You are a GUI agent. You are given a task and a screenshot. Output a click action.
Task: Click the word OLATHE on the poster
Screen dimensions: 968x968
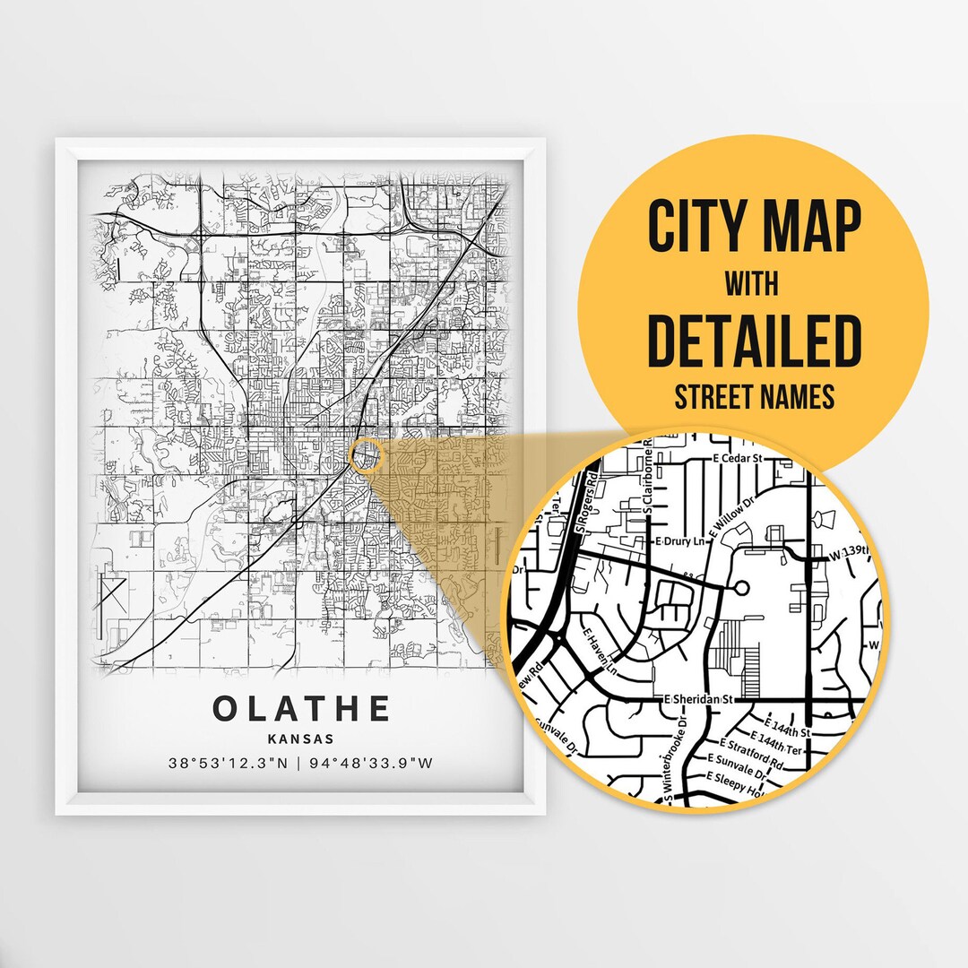tap(302, 708)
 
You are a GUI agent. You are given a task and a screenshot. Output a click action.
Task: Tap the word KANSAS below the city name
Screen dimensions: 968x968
tap(301, 739)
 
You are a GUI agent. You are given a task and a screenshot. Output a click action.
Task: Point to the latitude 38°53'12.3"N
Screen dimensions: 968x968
tap(227, 764)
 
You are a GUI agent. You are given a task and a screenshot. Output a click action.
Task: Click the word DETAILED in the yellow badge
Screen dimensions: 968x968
tap(754, 341)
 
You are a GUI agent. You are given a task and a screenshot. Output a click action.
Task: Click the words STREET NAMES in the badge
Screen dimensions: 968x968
tap(754, 395)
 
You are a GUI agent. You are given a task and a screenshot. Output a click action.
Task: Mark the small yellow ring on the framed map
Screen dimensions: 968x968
tap(367, 455)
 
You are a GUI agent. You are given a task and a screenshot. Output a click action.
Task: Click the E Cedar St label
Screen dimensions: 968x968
tap(737, 458)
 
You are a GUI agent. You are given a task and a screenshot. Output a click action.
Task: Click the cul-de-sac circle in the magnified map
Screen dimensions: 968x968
tap(740, 589)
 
